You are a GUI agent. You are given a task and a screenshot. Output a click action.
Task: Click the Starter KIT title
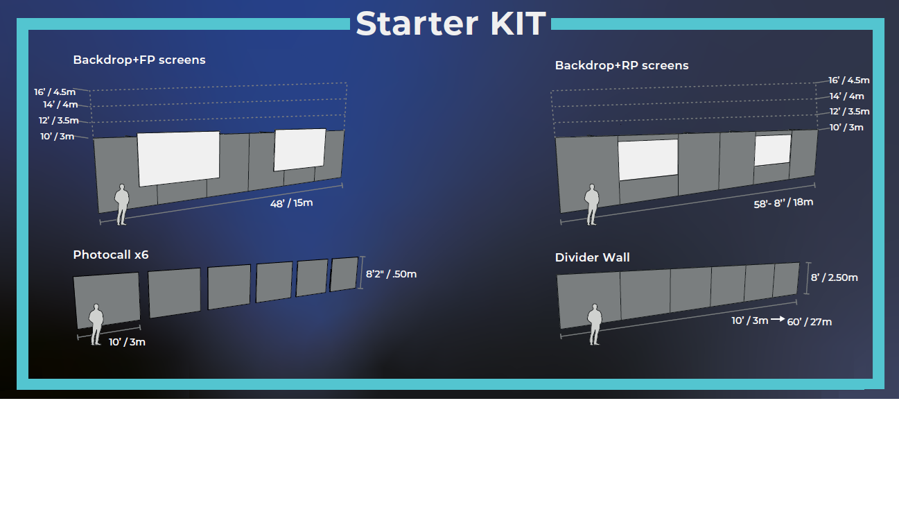point(451,24)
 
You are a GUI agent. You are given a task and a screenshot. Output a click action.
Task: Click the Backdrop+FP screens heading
point(139,60)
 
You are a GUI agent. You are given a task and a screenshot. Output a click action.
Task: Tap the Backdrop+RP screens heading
point(622,65)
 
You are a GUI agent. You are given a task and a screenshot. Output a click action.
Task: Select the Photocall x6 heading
point(111,255)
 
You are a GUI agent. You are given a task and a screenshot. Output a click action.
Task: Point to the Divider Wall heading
point(593,257)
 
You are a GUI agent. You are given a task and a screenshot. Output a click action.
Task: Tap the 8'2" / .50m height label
point(391,273)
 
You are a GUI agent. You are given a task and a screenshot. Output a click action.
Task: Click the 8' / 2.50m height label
point(835,277)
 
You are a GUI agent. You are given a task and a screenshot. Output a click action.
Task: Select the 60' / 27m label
point(810,321)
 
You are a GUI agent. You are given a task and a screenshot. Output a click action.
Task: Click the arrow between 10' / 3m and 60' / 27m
point(777,320)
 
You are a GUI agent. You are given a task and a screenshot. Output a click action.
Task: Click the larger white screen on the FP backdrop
point(179,158)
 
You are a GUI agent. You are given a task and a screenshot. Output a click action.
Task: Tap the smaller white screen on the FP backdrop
point(299,149)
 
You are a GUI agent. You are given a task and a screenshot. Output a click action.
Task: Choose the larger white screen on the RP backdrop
point(648,159)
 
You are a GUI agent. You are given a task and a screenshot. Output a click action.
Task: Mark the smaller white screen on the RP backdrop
point(772,150)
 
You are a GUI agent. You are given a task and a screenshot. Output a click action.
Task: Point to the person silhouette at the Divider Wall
point(594,324)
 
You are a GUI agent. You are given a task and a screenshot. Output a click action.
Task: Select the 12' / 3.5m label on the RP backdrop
point(850,111)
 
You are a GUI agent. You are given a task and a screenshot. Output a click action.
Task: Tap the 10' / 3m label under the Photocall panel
point(127,341)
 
